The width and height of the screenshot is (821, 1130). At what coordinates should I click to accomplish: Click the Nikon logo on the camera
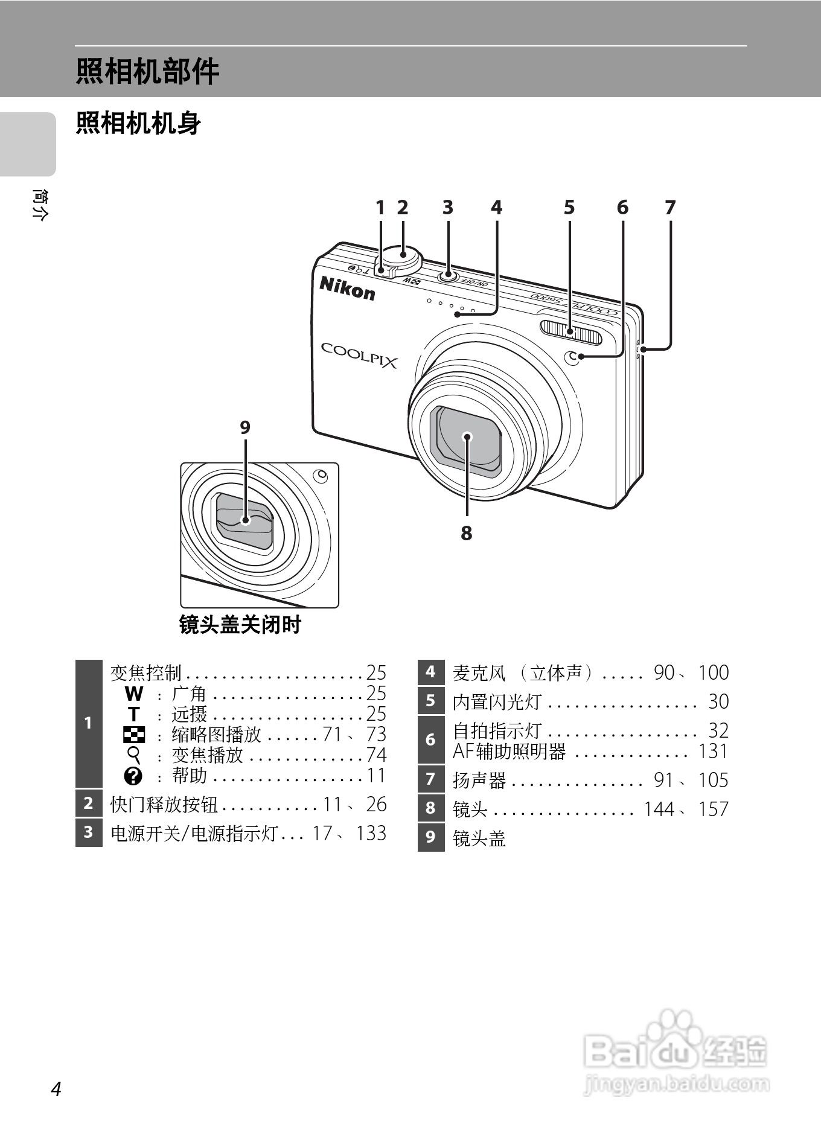click(x=347, y=288)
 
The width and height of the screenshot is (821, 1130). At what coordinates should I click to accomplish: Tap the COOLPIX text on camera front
click(x=359, y=355)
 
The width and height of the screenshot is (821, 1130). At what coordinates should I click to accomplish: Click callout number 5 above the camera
click(x=569, y=208)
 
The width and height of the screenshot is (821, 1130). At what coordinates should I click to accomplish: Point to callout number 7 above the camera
click(x=670, y=208)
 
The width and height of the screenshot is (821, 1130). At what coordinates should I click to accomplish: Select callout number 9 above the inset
click(x=245, y=427)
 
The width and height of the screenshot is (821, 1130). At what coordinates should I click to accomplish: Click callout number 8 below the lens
click(x=467, y=534)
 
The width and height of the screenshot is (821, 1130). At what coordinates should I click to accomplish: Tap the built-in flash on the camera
click(x=571, y=333)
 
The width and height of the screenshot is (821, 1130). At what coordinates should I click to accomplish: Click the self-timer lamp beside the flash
click(x=572, y=357)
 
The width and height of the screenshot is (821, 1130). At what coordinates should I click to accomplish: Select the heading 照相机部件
click(x=147, y=71)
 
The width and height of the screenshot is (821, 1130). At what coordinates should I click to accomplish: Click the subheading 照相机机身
click(x=138, y=124)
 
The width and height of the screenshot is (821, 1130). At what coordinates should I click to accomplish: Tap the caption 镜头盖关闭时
click(x=240, y=625)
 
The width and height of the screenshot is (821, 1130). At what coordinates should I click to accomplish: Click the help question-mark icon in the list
click(x=133, y=776)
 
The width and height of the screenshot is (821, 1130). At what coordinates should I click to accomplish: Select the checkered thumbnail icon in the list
click(x=133, y=735)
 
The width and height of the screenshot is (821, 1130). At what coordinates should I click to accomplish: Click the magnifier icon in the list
click(x=134, y=755)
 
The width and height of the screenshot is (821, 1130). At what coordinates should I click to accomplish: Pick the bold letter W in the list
click(x=133, y=694)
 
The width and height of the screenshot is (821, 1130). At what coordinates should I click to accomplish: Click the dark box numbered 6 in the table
click(x=430, y=739)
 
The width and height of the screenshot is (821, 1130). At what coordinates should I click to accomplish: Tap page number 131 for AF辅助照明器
click(x=713, y=752)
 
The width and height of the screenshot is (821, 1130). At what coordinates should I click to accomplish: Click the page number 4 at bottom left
click(x=56, y=1090)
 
